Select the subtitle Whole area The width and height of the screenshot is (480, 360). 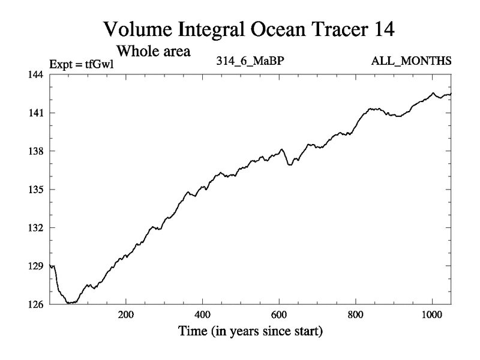(x=153, y=50)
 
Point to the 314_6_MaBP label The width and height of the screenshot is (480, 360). (x=248, y=61)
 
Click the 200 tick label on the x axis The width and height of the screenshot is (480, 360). (x=126, y=314)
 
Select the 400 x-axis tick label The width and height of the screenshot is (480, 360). (x=203, y=314)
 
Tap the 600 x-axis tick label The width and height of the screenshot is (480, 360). (x=280, y=314)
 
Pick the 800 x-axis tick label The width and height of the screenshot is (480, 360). (x=356, y=314)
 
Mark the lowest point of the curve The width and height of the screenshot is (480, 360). (x=70, y=303)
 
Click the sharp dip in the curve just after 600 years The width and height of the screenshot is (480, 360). (x=290, y=164)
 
